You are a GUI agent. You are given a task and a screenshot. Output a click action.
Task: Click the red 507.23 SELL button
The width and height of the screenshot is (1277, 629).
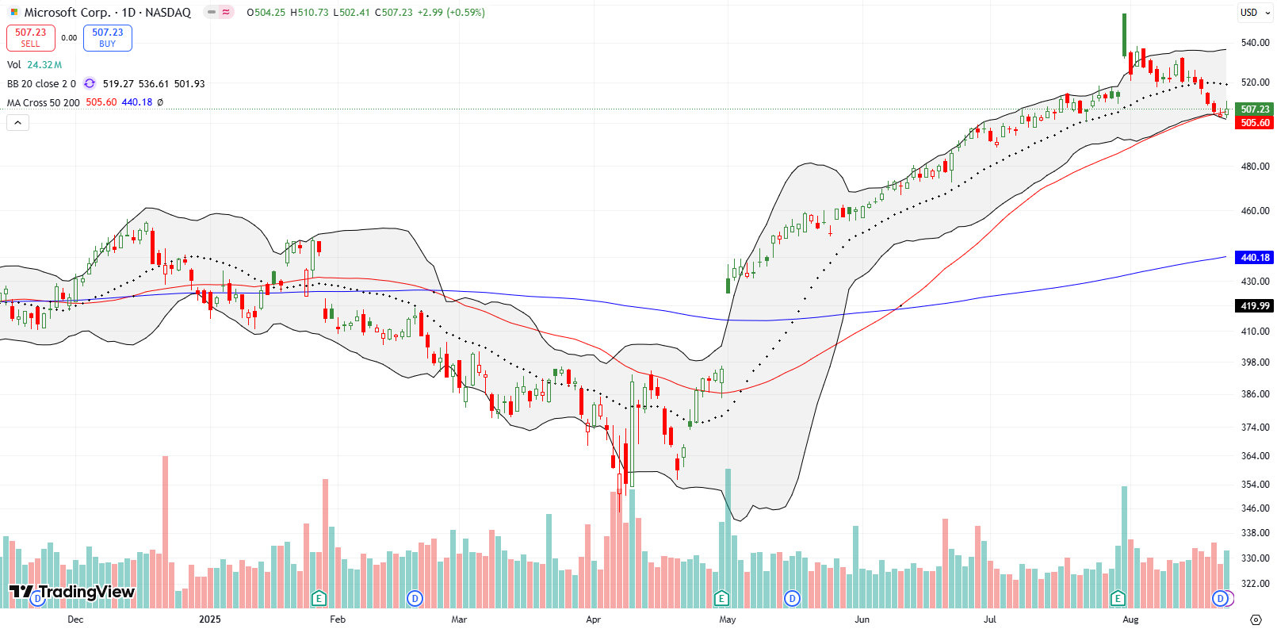(x=30, y=37)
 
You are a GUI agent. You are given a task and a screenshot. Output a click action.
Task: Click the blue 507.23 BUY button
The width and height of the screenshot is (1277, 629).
(x=107, y=37)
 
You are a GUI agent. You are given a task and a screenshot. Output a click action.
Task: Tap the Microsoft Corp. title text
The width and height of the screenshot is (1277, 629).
(x=67, y=13)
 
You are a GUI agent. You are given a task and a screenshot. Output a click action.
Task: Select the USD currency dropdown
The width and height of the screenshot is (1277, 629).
(x=1255, y=13)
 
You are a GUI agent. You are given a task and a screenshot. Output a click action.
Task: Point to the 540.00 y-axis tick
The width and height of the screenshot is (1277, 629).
(x=1255, y=43)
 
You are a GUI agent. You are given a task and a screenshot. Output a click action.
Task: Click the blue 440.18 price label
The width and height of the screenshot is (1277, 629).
(x=1255, y=258)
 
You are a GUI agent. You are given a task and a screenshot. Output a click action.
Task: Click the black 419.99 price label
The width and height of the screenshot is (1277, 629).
(x=1255, y=306)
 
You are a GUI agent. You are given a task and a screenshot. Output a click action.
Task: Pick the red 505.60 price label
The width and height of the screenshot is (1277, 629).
(x=1255, y=123)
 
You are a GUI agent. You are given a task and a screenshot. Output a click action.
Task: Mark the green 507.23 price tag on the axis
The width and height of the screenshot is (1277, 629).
(x=1255, y=109)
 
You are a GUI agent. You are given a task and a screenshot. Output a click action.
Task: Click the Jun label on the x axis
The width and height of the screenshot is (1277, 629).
(x=862, y=619)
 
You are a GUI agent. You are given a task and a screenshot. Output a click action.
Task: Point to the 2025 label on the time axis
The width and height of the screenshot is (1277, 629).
(x=209, y=619)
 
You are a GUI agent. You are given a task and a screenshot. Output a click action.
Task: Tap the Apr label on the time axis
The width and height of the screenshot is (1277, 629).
(x=593, y=619)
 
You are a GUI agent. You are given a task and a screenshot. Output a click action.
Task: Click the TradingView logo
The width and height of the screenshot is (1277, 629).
(x=72, y=592)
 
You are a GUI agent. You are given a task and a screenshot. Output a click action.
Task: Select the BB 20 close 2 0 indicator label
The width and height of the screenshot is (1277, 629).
(x=41, y=84)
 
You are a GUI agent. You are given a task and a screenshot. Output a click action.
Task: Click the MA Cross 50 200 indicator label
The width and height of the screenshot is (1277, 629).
(x=44, y=103)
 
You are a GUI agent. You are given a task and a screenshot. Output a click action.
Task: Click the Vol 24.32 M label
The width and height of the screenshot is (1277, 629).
(x=34, y=65)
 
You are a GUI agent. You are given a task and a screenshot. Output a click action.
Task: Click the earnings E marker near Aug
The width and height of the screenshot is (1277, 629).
(x=1118, y=598)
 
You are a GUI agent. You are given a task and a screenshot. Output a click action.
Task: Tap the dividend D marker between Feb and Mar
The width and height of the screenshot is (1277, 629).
(x=415, y=598)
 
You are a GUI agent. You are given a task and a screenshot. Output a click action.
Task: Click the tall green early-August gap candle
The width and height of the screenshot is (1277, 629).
(x=1124, y=35)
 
